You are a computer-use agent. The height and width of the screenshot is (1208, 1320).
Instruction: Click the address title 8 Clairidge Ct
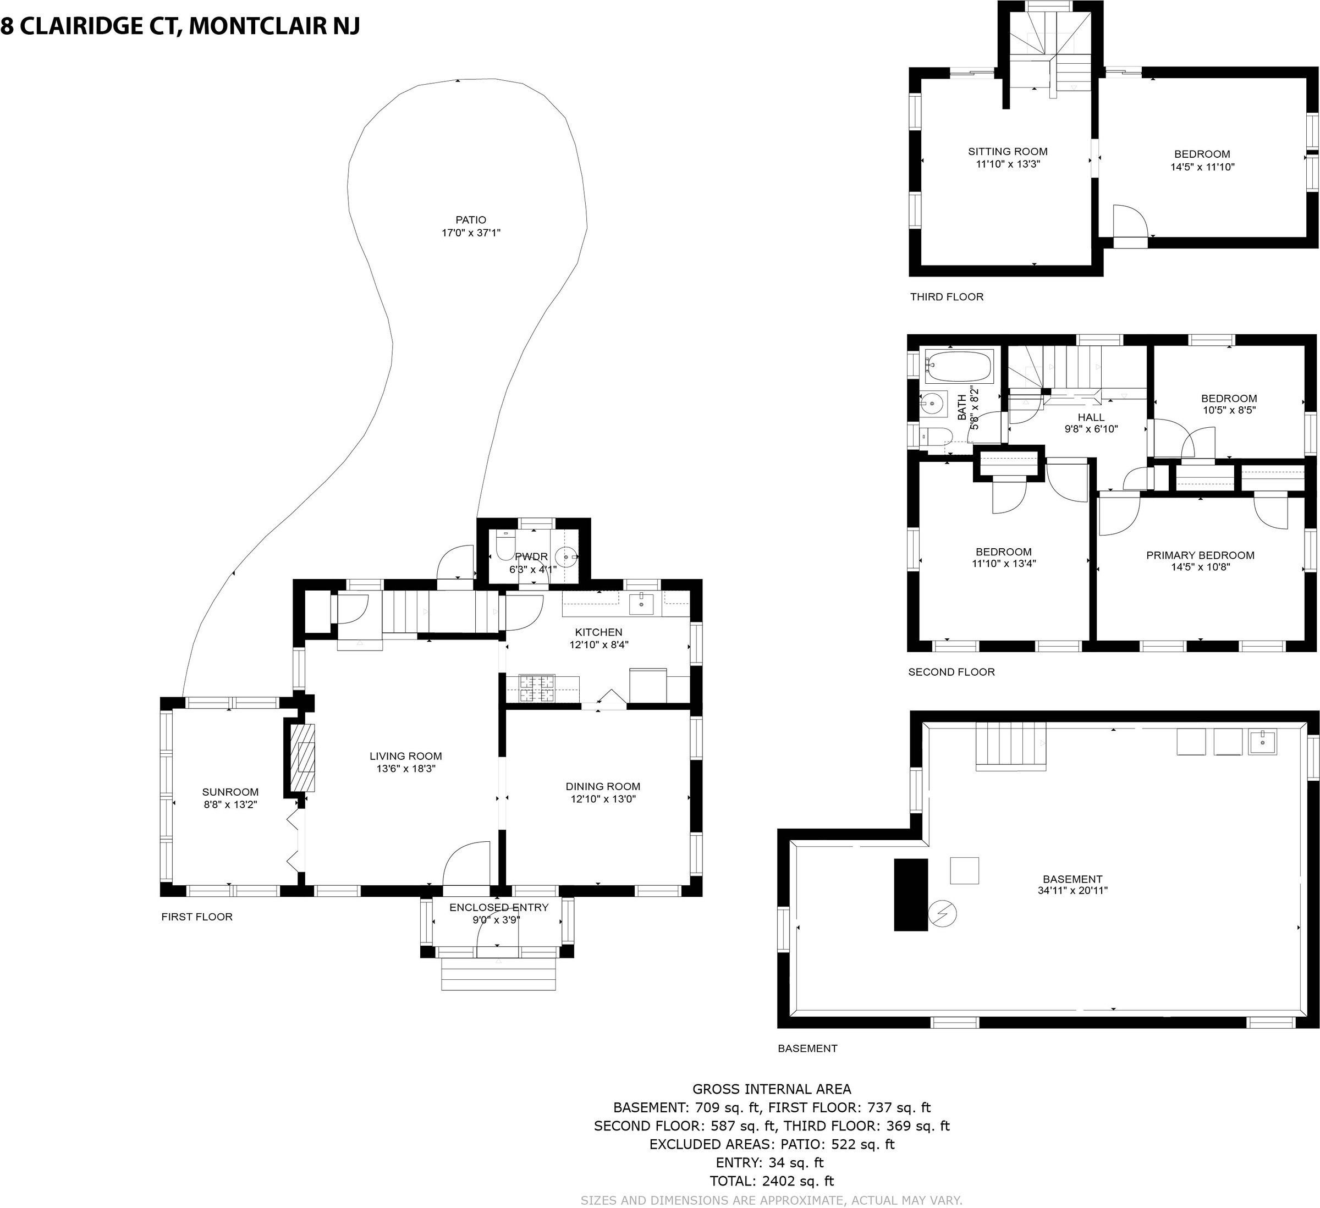click(91, 25)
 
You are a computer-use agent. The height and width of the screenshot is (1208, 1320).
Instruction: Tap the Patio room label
click(471, 220)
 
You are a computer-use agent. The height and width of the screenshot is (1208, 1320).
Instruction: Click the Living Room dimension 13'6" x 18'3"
click(406, 769)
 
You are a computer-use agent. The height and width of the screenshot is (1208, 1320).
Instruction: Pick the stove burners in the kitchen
click(537, 688)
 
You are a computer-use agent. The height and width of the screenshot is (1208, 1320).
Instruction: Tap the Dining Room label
click(603, 786)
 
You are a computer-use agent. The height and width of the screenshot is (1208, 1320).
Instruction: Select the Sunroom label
click(230, 792)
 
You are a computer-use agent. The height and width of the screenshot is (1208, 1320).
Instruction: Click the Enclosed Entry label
click(499, 907)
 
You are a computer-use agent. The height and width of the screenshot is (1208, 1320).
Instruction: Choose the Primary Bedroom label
click(1200, 555)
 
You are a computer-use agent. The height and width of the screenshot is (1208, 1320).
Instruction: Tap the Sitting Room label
click(1008, 151)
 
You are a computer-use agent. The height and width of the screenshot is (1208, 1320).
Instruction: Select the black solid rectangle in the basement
click(911, 895)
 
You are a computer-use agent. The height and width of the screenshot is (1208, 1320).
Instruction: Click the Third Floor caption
click(947, 296)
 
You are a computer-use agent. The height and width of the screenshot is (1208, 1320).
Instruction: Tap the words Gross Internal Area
click(772, 1089)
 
